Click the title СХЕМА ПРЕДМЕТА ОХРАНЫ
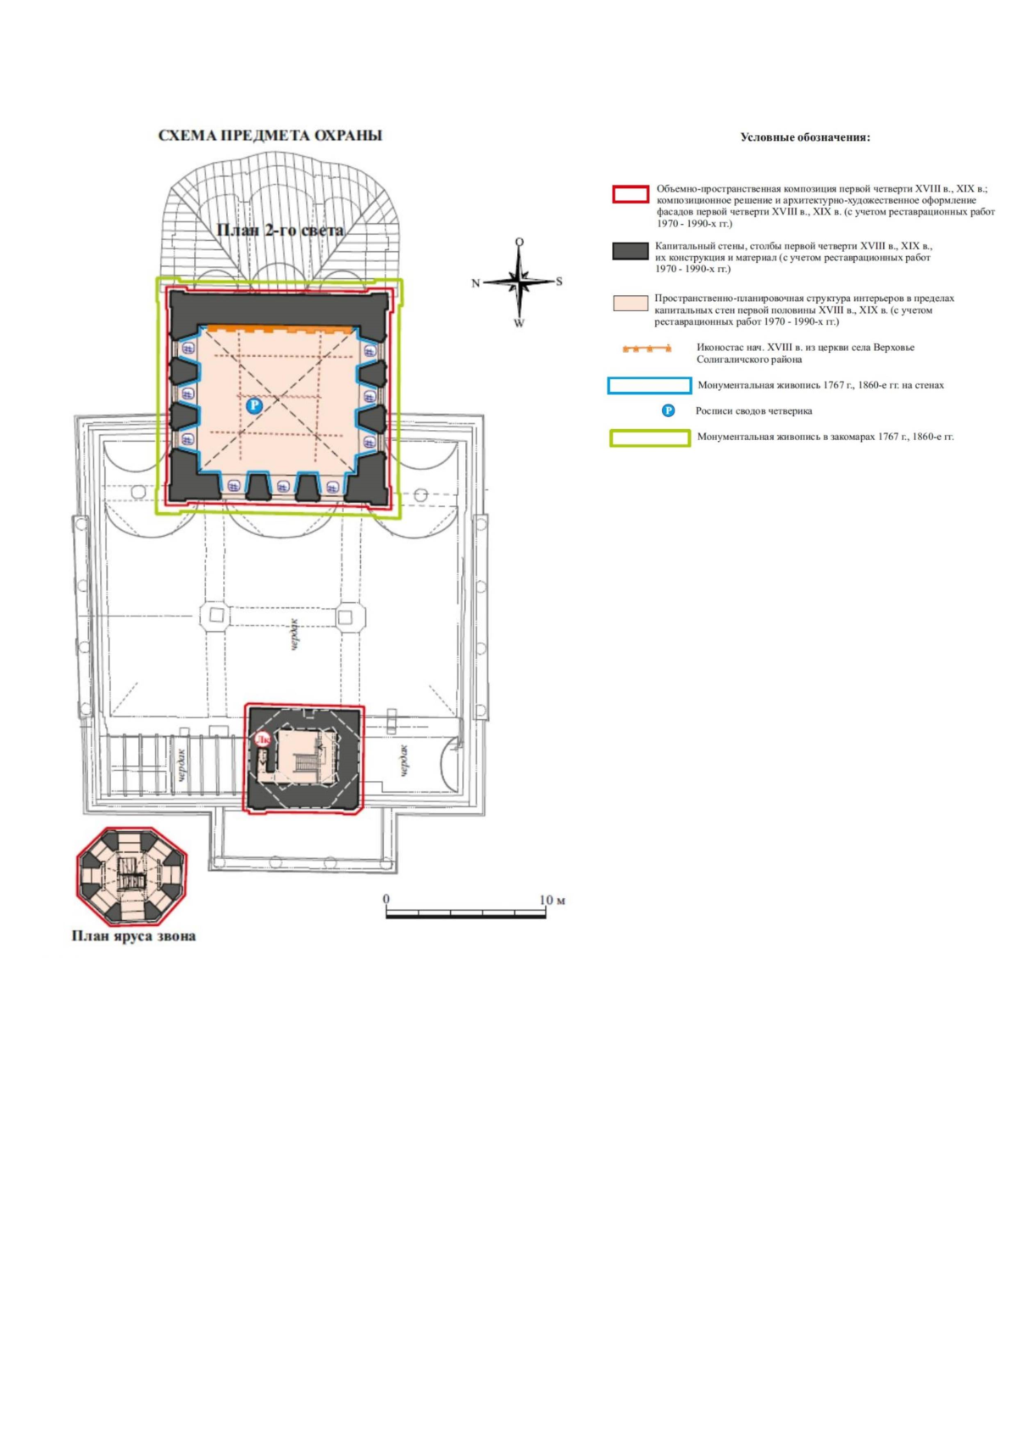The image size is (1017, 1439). click(270, 136)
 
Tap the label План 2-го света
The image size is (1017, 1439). click(280, 230)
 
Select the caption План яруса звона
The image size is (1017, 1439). click(134, 936)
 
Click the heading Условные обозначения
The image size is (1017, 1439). click(805, 137)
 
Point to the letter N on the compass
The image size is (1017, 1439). click(475, 283)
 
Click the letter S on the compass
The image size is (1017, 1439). click(559, 282)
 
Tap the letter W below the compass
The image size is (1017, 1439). click(519, 323)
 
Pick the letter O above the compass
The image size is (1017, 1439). click(520, 243)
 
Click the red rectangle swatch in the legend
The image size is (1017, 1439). click(631, 195)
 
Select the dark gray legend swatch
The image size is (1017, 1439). click(631, 251)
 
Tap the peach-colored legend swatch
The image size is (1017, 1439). click(631, 304)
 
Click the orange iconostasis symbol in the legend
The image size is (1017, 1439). click(647, 349)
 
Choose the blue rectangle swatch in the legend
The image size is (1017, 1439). click(649, 386)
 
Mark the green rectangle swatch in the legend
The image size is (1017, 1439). click(650, 438)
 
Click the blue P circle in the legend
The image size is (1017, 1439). click(669, 410)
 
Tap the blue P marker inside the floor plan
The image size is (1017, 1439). click(254, 405)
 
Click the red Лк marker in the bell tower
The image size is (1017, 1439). click(262, 739)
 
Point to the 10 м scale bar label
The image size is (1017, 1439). click(553, 900)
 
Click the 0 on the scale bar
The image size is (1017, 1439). click(386, 899)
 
